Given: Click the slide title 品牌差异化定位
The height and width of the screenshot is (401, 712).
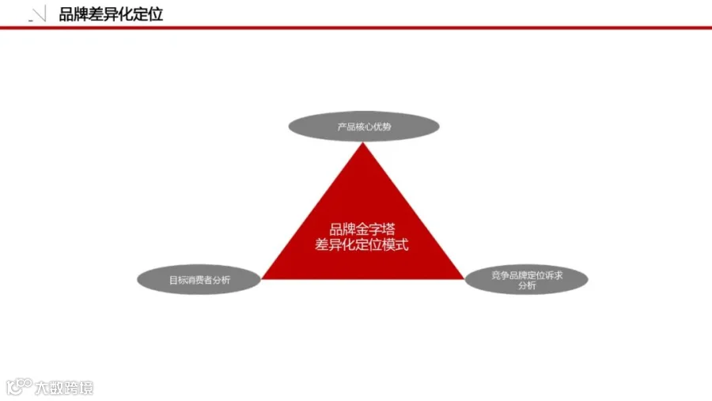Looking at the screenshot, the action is pyautogui.click(x=111, y=14).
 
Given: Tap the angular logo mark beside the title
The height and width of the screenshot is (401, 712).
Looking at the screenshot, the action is pyautogui.click(x=37, y=13).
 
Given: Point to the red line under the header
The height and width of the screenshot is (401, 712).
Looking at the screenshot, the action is pyautogui.click(x=356, y=28).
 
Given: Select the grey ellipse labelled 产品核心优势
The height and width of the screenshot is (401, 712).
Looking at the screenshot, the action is pyautogui.click(x=364, y=127).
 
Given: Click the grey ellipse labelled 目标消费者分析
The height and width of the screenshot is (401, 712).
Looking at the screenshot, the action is pyautogui.click(x=199, y=280).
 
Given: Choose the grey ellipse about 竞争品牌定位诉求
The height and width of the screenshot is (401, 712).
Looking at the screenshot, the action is pyautogui.click(x=526, y=280).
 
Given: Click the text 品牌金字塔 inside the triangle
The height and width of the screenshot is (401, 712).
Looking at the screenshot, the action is pyautogui.click(x=362, y=229).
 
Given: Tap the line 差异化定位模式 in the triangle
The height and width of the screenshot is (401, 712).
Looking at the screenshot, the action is pyautogui.click(x=362, y=244).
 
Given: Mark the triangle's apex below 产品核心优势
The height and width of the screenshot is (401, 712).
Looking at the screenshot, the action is pyautogui.click(x=363, y=142).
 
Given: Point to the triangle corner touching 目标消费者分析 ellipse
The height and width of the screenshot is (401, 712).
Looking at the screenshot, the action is pyautogui.click(x=262, y=279).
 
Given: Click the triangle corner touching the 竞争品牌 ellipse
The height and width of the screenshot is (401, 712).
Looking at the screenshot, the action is pyautogui.click(x=464, y=279).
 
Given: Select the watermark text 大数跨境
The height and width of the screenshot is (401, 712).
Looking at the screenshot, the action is pyautogui.click(x=64, y=388).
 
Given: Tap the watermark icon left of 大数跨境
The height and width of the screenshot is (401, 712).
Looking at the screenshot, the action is pyautogui.click(x=19, y=387).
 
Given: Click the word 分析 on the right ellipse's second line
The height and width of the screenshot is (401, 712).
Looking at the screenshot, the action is pyautogui.click(x=527, y=286).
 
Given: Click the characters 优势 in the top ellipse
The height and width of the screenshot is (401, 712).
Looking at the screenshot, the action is pyautogui.click(x=382, y=127).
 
